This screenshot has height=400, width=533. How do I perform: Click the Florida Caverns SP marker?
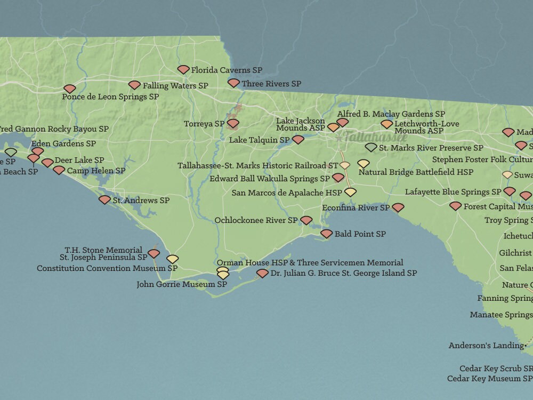(x=183, y=69)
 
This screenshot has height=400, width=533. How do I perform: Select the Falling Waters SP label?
(x=175, y=85)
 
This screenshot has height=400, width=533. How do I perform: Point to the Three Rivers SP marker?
(x=233, y=83)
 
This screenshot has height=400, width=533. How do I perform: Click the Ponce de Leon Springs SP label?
(x=110, y=97)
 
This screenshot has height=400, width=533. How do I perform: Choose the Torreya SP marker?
(x=233, y=123)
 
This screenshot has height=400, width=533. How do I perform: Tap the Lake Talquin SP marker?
(x=298, y=140)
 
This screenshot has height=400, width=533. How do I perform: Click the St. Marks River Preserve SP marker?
(x=371, y=147)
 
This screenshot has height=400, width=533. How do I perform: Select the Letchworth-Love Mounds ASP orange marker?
(x=387, y=124)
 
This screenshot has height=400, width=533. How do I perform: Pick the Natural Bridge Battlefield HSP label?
(x=416, y=172)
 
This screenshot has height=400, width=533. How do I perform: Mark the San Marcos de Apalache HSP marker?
(x=350, y=192)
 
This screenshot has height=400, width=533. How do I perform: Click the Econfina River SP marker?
(x=398, y=207)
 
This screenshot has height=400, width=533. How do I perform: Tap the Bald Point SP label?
(x=360, y=234)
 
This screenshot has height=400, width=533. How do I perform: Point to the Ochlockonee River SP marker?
(x=306, y=220)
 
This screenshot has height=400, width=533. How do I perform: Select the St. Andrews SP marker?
(x=104, y=200)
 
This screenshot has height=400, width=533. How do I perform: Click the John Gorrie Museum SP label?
(x=182, y=284)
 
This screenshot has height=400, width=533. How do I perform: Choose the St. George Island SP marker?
(x=262, y=274)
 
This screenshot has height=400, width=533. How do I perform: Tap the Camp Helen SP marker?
(x=59, y=171)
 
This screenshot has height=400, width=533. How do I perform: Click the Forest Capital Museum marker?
(x=455, y=206)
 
